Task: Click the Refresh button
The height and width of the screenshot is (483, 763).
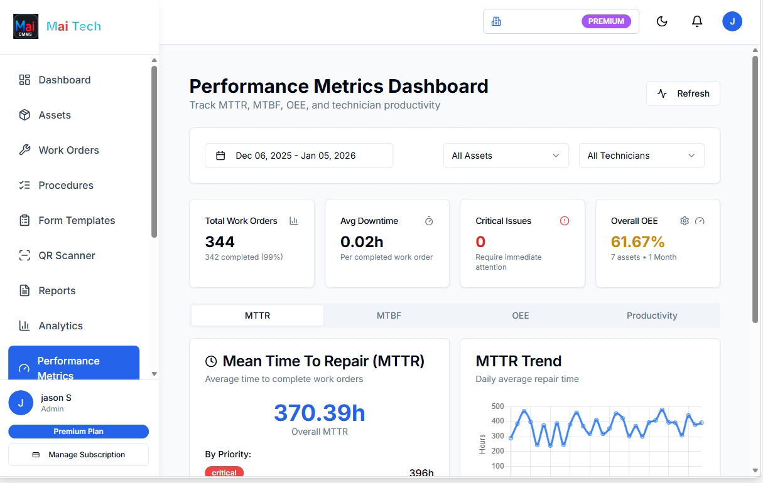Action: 683,93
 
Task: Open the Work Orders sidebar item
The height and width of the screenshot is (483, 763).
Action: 68,150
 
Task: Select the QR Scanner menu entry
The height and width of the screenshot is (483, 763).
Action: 67,255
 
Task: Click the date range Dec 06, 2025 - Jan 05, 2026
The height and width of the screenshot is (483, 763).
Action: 299,156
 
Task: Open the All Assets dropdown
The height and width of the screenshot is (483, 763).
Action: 506,156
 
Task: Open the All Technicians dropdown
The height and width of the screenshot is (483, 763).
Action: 641,156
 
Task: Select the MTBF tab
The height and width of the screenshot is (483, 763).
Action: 389,316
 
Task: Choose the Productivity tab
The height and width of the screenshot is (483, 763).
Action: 652,316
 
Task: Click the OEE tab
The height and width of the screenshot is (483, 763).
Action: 520,316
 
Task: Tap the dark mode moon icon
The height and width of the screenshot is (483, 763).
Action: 662,21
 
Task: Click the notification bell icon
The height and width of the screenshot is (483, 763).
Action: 697,21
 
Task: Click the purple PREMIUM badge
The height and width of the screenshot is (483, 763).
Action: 606,21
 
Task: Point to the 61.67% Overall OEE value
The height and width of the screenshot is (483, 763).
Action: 637,242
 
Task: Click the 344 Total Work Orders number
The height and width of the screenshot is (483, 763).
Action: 220,242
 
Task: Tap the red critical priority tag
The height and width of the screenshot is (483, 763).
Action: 224,472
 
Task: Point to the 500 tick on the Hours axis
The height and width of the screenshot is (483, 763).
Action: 497,406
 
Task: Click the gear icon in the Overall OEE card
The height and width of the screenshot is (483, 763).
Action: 685,221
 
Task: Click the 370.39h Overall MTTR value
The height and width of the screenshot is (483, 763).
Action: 319,413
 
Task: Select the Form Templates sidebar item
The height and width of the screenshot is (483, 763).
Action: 77,220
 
